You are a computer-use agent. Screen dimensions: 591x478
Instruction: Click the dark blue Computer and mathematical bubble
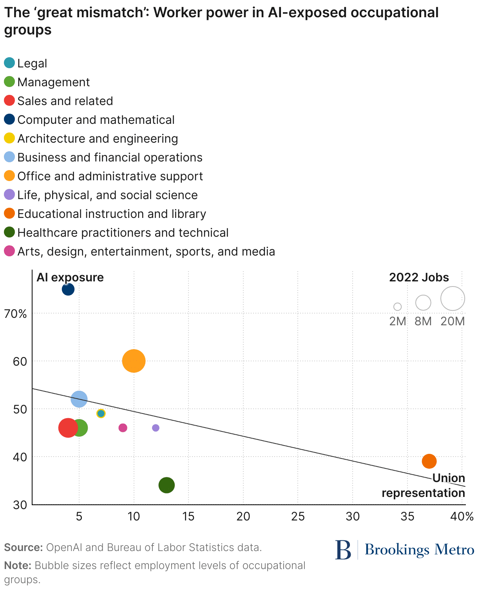pos(68,290)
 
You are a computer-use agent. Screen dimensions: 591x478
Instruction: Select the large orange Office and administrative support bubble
pos(134,361)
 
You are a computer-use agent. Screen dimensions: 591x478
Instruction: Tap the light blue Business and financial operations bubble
pos(79,399)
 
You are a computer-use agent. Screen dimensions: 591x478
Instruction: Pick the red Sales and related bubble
pos(68,428)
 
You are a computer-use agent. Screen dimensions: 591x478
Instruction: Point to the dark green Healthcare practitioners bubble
pos(167,485)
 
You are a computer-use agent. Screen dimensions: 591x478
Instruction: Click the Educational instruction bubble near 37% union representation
pos(429,461)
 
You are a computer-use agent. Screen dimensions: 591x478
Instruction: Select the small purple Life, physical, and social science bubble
pos(156,428)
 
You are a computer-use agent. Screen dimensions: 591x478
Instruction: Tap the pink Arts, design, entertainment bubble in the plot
pos(123,428)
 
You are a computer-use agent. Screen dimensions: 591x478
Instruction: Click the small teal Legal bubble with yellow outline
pos(101,413)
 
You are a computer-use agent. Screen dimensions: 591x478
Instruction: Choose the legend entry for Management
pos(53,82)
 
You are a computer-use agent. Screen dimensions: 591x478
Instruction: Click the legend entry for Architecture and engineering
pos(98,139)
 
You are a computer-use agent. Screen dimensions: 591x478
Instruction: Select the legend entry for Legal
pos(32,63)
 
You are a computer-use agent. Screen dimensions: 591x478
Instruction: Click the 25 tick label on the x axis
pos(298,517)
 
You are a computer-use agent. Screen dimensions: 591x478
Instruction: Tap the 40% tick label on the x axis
pos(462,517)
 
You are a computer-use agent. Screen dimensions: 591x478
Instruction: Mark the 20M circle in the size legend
pos(453,299)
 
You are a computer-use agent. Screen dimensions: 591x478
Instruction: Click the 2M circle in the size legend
pos(397,306)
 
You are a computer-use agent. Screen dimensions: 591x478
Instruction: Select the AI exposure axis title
pos(70,277)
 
